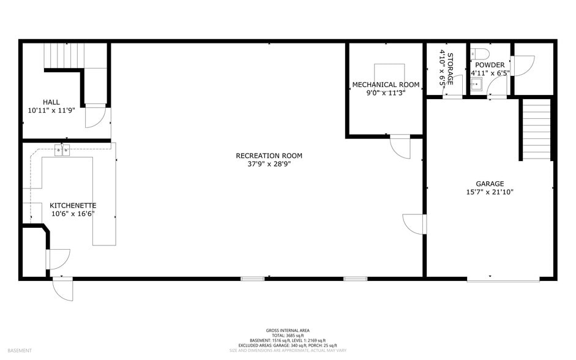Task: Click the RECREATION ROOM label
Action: click(x=269, y=156)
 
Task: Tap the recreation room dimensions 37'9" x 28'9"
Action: click(x=269, y=165)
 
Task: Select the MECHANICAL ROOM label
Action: click(x=386, y=84)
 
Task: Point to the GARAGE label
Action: click(x=490, y=184)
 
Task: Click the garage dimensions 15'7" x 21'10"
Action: click(x=490, y=192)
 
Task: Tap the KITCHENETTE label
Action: click(x=73, y=206)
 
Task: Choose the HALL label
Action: click(x=51, y=102)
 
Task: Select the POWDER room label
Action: click(x=490, y=65)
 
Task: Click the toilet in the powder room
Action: click(x=481, y=53)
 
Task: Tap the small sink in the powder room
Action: click(x=476, y=84)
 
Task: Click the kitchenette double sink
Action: click(x=62, y=150)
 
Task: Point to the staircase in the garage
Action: click(x=537, y=129)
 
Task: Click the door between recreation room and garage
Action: click(x=414, y=223)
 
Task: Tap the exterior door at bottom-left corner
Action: click(x=63, y=289)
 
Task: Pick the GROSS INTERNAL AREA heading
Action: click(x=288, y=330)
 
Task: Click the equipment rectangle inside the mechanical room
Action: click(x=389, y=72)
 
